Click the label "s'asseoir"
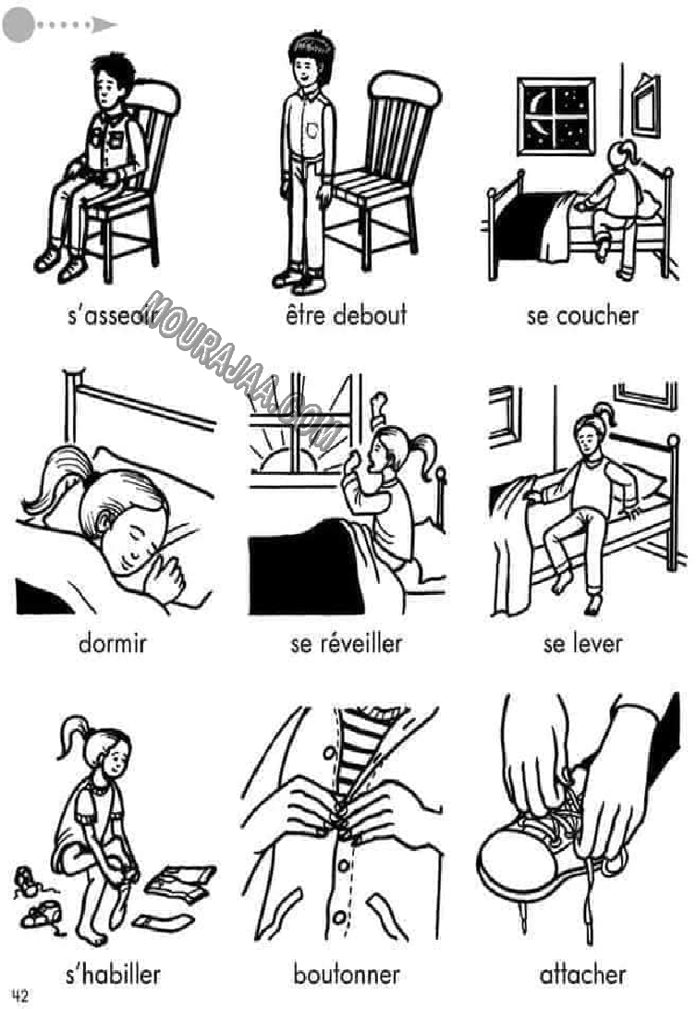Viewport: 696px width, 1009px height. click(113, 316)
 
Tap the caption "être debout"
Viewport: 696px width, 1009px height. click(346, 315)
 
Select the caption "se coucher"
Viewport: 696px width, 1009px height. click(582, 316)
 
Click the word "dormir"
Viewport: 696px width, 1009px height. click(113, 643)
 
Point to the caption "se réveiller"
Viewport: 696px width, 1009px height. click(346, 643)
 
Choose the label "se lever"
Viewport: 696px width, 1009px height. click(582, 643)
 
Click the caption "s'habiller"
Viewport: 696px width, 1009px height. click(113, 974)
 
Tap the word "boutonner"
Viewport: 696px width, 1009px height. click(347, 974)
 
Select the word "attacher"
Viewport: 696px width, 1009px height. click(582, 974)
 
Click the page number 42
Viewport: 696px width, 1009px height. click(20, 995)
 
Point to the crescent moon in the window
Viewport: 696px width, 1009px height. click(540, 103)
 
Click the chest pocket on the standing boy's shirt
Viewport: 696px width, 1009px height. click(311, 130)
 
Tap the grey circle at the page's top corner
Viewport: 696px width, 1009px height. click(18, 25)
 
